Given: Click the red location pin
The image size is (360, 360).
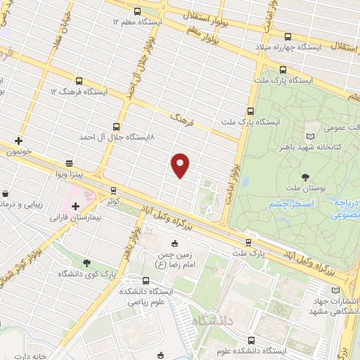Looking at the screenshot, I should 181,165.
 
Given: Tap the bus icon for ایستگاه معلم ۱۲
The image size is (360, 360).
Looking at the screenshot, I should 136,11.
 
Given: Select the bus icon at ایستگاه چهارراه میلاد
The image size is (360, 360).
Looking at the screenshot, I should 288,37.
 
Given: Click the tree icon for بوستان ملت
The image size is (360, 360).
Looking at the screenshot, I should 304,177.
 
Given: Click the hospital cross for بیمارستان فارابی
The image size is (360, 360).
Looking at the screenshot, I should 75,206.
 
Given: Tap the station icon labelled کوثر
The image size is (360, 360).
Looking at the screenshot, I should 113,190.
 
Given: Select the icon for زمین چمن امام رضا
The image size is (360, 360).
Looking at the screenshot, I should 176,243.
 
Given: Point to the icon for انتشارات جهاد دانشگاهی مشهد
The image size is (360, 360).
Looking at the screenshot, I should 334,290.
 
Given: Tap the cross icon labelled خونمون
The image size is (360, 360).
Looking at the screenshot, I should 18,141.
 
